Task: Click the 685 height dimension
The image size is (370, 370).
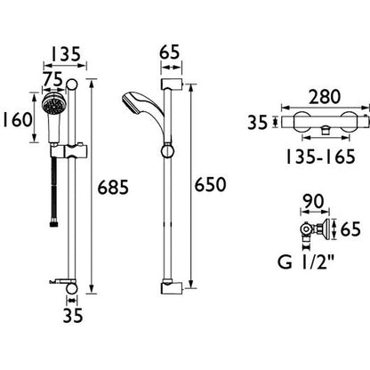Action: [x=117, y=188]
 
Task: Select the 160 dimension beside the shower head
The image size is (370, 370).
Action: [x=19, y=117]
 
